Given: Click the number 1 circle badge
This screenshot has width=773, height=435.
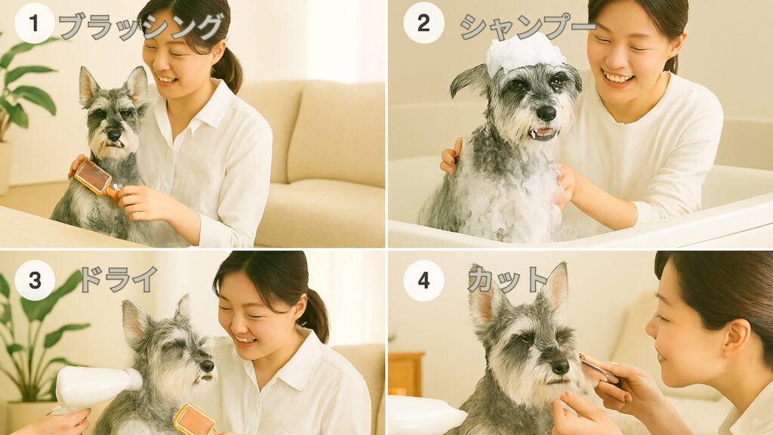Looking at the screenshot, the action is point(34,23).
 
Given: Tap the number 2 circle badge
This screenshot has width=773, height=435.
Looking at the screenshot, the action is point(423,23).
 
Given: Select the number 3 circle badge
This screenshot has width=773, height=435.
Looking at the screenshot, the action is point(35,280).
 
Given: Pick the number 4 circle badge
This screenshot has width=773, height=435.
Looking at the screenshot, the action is point(423,281).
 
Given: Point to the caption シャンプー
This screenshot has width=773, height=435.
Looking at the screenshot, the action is point(528,26).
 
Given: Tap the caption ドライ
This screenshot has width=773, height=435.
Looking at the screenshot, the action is point(119,279).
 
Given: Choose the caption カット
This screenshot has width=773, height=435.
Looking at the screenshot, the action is point(508,279).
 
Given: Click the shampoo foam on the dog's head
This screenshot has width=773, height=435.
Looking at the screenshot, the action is point(525,54).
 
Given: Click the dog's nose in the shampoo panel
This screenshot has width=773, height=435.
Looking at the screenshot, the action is point(547,113).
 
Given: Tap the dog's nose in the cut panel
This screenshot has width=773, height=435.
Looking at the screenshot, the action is point(561,366).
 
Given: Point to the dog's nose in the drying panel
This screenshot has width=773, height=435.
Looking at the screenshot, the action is point(208,366).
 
